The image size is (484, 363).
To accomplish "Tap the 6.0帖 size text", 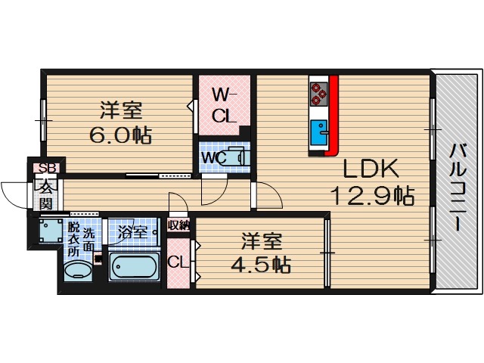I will coord(121,135).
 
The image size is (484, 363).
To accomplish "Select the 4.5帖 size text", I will coord(262,265).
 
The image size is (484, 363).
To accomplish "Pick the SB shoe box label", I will coord(46,168).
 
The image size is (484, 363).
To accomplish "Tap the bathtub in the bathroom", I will coord(135,267).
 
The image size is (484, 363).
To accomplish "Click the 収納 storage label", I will coord(179,225).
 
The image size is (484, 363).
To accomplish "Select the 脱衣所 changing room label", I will coord(73,239).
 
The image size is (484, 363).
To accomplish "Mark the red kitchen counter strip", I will coord(334,113).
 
